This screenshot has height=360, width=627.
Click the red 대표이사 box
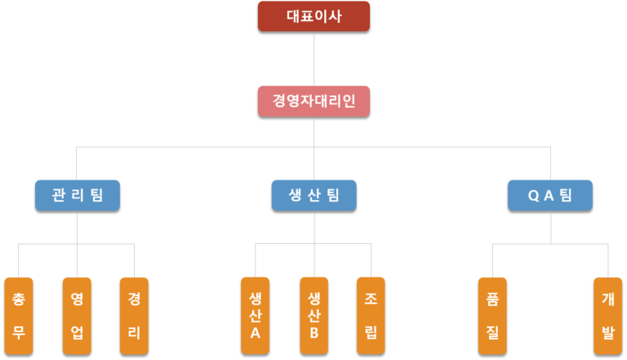pos(313,16)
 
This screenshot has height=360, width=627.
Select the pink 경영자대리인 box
pos(313,101)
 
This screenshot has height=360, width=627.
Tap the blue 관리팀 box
pos(78,195)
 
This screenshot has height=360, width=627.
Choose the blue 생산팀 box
pos(313,195)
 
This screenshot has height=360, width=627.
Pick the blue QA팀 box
pos(550,195)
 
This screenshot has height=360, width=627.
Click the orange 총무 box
pos(19,316)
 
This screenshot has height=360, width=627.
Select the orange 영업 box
pos(77,316)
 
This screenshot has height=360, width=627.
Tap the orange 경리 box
pos(134,316)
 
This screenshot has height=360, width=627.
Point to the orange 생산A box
pos(255,316)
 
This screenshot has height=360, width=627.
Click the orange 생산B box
pos(313,316)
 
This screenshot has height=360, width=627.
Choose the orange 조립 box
pos(371,316)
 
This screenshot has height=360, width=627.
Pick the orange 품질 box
pos(492,316)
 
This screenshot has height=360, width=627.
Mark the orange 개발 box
pos(607,316)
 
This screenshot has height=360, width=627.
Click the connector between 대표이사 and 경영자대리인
pos(313,59)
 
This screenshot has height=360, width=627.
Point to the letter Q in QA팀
pos(533,196)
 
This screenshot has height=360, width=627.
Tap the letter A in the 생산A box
pos(255,333)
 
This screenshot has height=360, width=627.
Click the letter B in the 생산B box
pos(314,333)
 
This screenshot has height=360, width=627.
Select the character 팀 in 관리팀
pos(97,195)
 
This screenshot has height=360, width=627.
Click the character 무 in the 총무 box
pos(19,332)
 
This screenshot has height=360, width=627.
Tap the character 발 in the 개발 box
pos(607,332)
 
